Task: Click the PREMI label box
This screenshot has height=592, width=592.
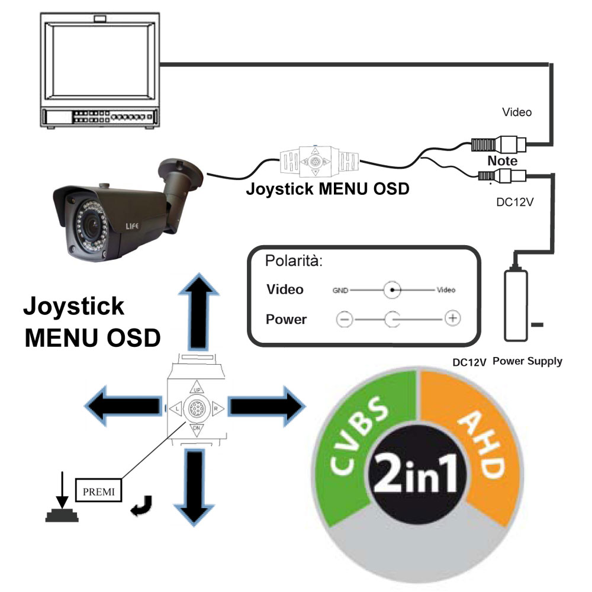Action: tap(98, 491)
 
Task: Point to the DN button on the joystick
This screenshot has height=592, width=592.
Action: tap(197, 429)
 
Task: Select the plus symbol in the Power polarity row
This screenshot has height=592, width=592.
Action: tap(452, 318)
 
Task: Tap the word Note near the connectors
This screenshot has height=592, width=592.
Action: tap(502, 160)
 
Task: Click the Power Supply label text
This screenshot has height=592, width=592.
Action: tap(527, 361)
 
